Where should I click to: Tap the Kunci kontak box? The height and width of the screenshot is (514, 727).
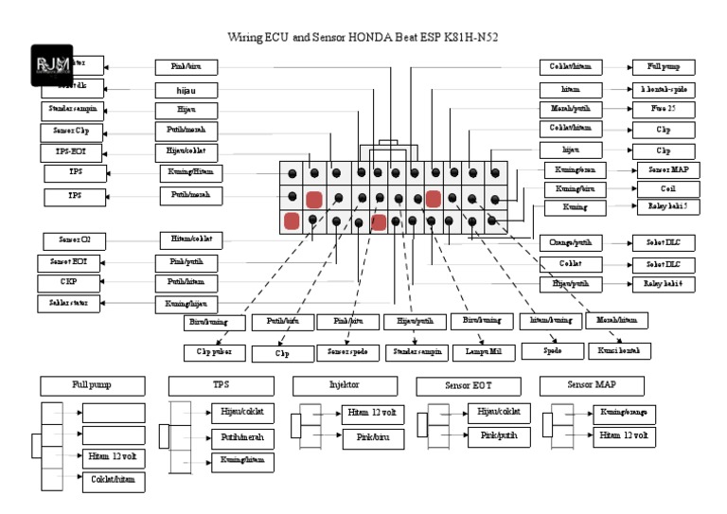tap(619, 351)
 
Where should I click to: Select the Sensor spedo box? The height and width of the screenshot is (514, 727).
tap(349, 352)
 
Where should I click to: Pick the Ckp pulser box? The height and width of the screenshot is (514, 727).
tap(215, 352)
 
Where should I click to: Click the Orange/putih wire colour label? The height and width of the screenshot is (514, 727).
tap(571, 243)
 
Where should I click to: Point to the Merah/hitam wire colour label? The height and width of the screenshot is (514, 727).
tap(616, 321)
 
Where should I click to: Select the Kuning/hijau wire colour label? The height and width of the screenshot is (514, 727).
tap(187, 304)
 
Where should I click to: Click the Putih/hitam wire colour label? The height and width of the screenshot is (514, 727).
tap(187, 282)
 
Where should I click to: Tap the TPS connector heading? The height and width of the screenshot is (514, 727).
tap(221, 385)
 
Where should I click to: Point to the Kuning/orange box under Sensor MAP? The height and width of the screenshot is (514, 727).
tap(623, 414)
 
